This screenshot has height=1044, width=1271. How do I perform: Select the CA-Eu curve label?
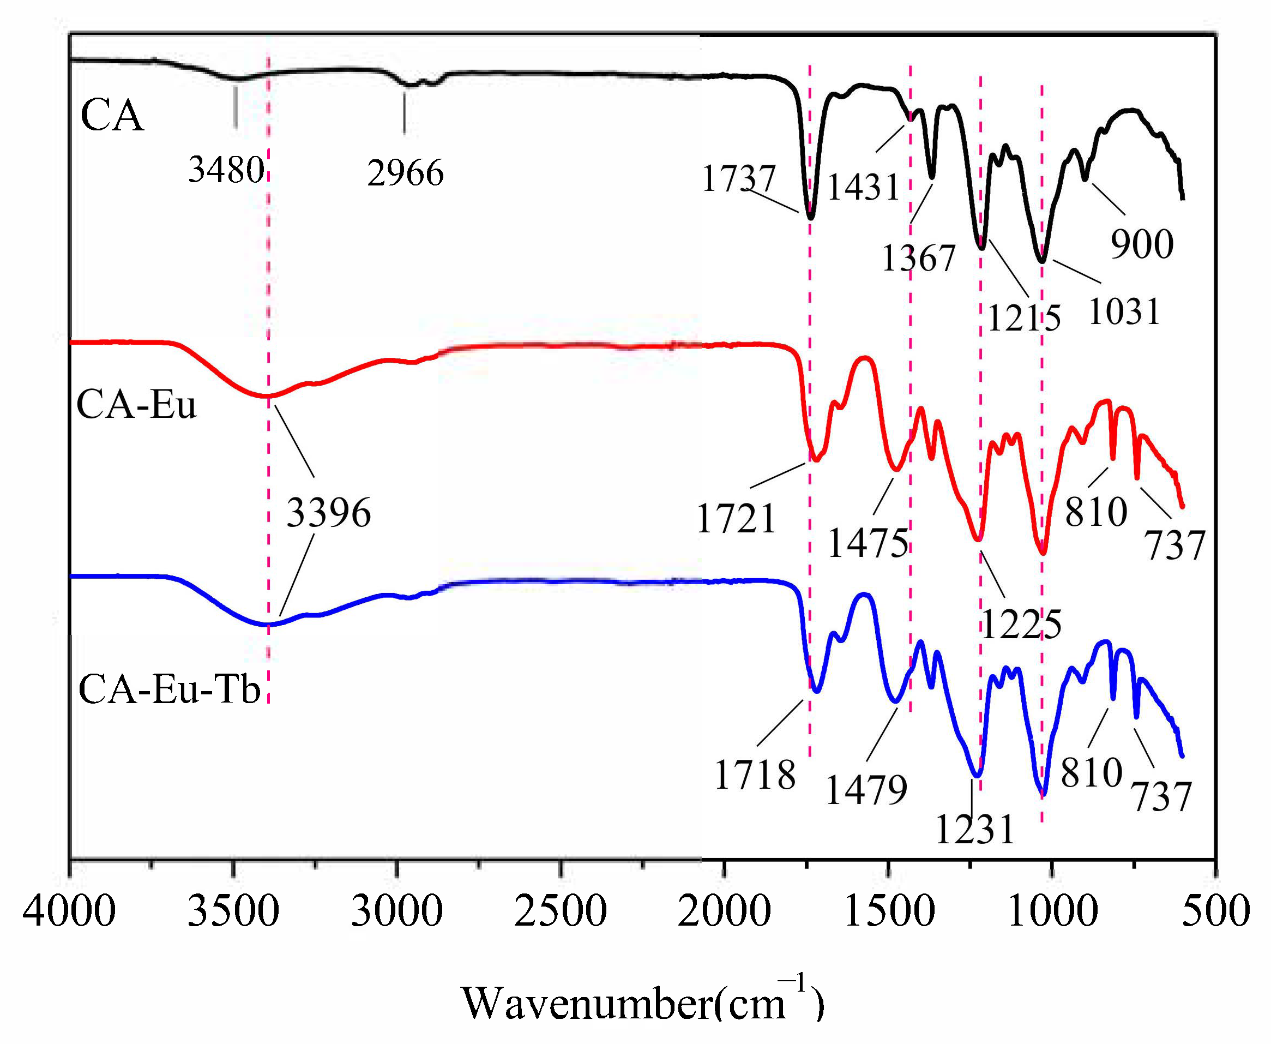[136, 404]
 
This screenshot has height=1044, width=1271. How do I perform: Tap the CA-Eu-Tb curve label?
[169, 688]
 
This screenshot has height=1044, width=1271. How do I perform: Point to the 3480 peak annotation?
[226, 170]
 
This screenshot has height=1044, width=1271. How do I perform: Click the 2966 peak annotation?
[405, 173]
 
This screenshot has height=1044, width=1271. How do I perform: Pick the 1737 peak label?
[738, 178]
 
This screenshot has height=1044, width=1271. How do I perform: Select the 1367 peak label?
[918, 259]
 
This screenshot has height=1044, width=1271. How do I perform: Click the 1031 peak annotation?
[1124, 311]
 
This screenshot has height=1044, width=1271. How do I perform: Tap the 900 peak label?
[1142, 244]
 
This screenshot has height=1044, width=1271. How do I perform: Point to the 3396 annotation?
[328, 513]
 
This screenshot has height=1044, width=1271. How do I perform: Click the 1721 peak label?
[736, 519]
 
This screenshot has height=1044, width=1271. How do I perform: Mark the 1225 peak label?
[1021, 624]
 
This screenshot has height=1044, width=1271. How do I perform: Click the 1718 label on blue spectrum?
[755, 775]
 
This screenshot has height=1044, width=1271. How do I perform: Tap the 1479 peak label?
[866, 790]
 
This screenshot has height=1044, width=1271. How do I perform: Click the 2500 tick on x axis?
[560, 911]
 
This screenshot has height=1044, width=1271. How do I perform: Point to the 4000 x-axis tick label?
[69, 911]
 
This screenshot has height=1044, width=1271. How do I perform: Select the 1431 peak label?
[863, 187]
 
